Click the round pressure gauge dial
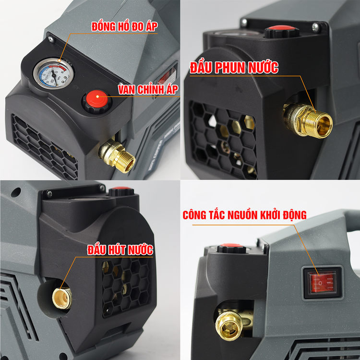point(54,73)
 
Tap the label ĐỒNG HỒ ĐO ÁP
point(124,26)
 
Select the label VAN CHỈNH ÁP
point(148,89)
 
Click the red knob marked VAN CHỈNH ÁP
point(97,100)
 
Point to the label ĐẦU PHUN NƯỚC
point(234,68)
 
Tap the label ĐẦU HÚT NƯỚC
point(120,250)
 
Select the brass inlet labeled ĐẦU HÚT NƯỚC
point(62,298)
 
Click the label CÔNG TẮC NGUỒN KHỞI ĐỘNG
point(244,215)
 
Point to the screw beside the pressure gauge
point(51,39)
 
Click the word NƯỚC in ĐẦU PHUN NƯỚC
point(264,68)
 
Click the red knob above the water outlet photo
point(282,32)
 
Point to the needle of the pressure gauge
point(54,76)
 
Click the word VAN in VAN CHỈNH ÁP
point(127,90)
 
